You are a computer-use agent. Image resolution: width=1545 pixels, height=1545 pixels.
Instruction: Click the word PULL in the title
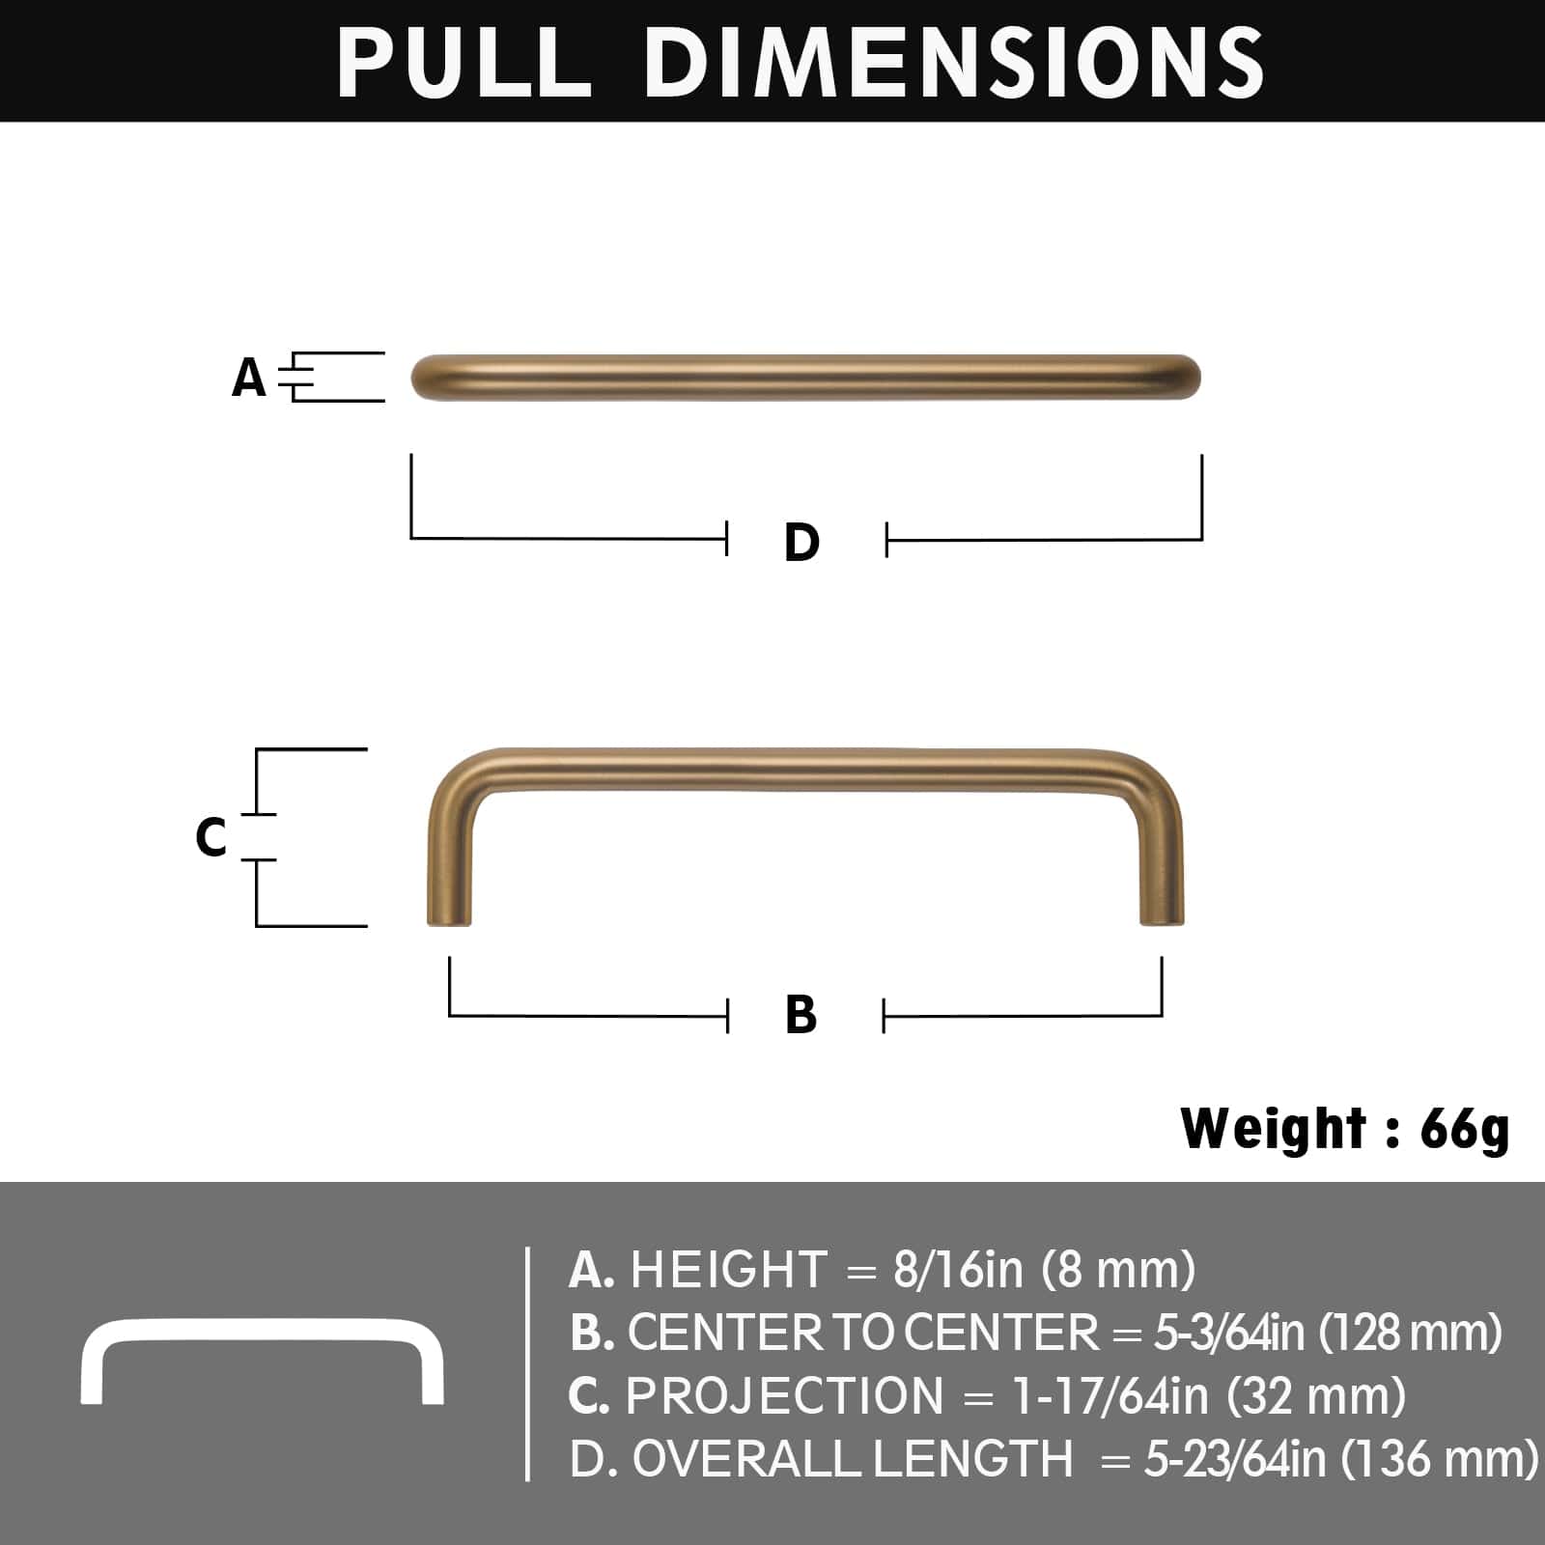coord(463,62)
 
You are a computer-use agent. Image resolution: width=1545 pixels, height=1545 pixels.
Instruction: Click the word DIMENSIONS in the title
coord(954,62)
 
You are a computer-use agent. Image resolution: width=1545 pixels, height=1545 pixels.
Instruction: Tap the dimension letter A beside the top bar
coord(249,378)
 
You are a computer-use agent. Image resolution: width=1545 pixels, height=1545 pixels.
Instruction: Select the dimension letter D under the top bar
coord(801,542)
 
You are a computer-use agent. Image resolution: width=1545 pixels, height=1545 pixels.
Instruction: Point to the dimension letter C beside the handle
coord(211,837)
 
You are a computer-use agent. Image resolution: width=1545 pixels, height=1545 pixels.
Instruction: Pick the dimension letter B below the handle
coord(801,1015)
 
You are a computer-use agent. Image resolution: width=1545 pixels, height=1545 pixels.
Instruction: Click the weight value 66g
coord(1464,1129)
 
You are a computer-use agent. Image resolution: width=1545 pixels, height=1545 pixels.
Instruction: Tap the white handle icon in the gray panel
coord(262,1360)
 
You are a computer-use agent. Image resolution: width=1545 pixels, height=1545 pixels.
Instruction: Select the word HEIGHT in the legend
coord(729,1269)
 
